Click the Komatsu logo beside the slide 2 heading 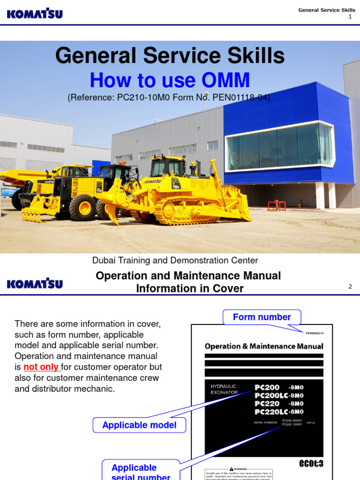pos(35,284)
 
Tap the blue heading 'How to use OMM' pos(170,80)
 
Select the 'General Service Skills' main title pos(170,56)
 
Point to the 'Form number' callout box pos(262,317)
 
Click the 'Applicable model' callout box pos(139,425)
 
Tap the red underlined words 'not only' pos(41,367)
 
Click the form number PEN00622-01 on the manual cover pos(314,333)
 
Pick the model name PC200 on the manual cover pos(267,387)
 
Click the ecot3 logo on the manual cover pos(311,463)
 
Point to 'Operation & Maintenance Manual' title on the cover pos(264,346)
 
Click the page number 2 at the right pos(350,286)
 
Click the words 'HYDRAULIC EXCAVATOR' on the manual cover pos(224,389)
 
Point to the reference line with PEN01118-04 pos(169,97)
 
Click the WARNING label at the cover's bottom pos(239,469)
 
